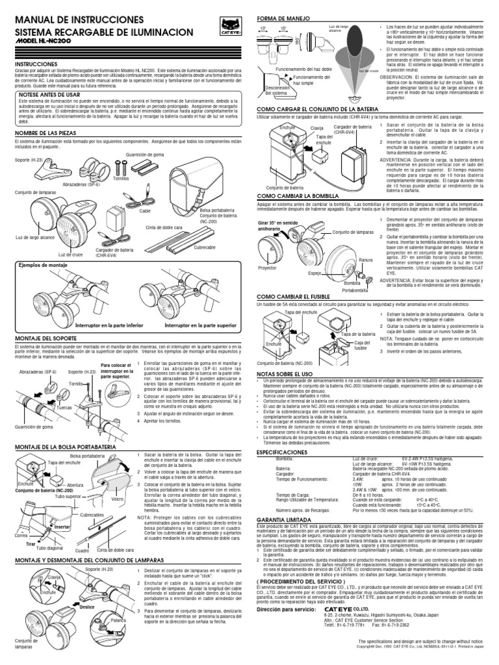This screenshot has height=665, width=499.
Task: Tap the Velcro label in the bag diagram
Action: [x=118, y=499]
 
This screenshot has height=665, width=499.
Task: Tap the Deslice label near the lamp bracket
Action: [x=87, y=608]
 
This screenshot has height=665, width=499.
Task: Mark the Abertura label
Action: [x=75, y=484]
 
